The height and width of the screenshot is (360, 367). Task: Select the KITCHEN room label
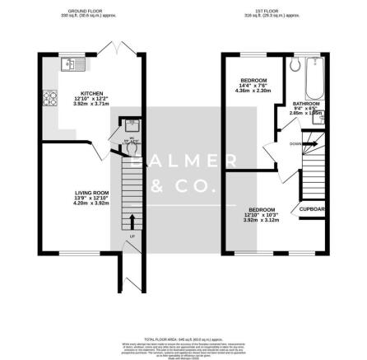click(90, 93)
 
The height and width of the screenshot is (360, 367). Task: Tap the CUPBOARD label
click(314, 209)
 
